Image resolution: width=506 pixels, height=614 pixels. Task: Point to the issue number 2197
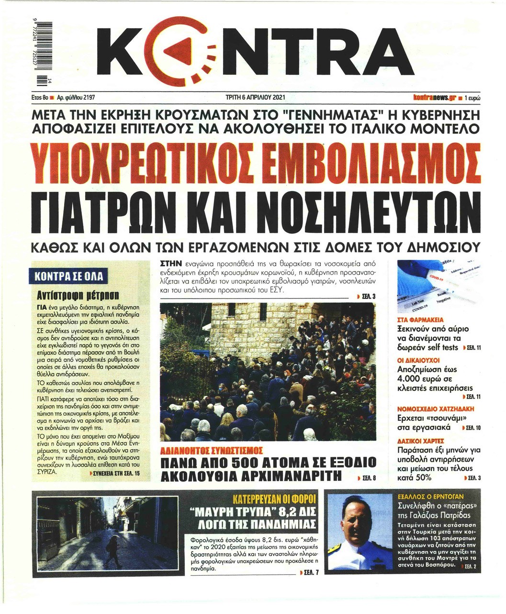coord(89,97)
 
